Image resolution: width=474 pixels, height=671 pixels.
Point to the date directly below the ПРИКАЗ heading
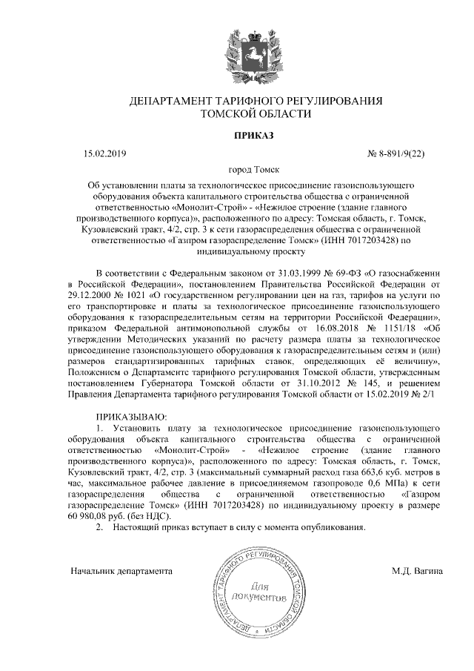coord(105,153)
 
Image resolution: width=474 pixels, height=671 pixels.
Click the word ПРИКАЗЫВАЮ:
coord(132,418)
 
